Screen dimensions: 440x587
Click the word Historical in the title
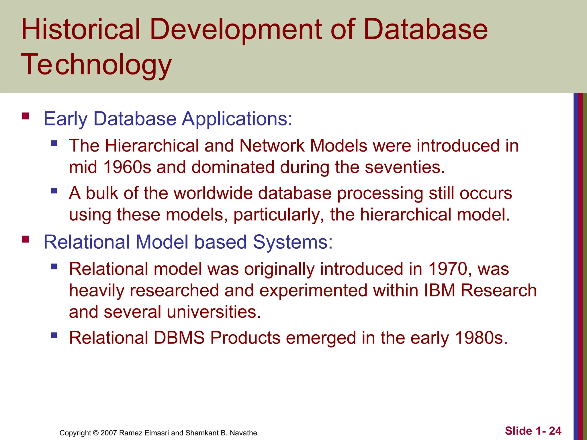tap(81, 29)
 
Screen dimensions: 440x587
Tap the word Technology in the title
tap(96, 65)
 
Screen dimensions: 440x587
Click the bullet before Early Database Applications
tap(26, 116)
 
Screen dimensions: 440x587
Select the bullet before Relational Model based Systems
tap(26, 239)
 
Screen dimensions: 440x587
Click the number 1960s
tap(127, 167)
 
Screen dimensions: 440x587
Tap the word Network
tap(271, 146)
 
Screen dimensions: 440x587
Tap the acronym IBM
tap(439, 290)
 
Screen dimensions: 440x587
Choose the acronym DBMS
tap(179, 338)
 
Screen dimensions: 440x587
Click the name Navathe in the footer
tap(243, 433)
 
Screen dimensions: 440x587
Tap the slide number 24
tap(555, 431)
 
